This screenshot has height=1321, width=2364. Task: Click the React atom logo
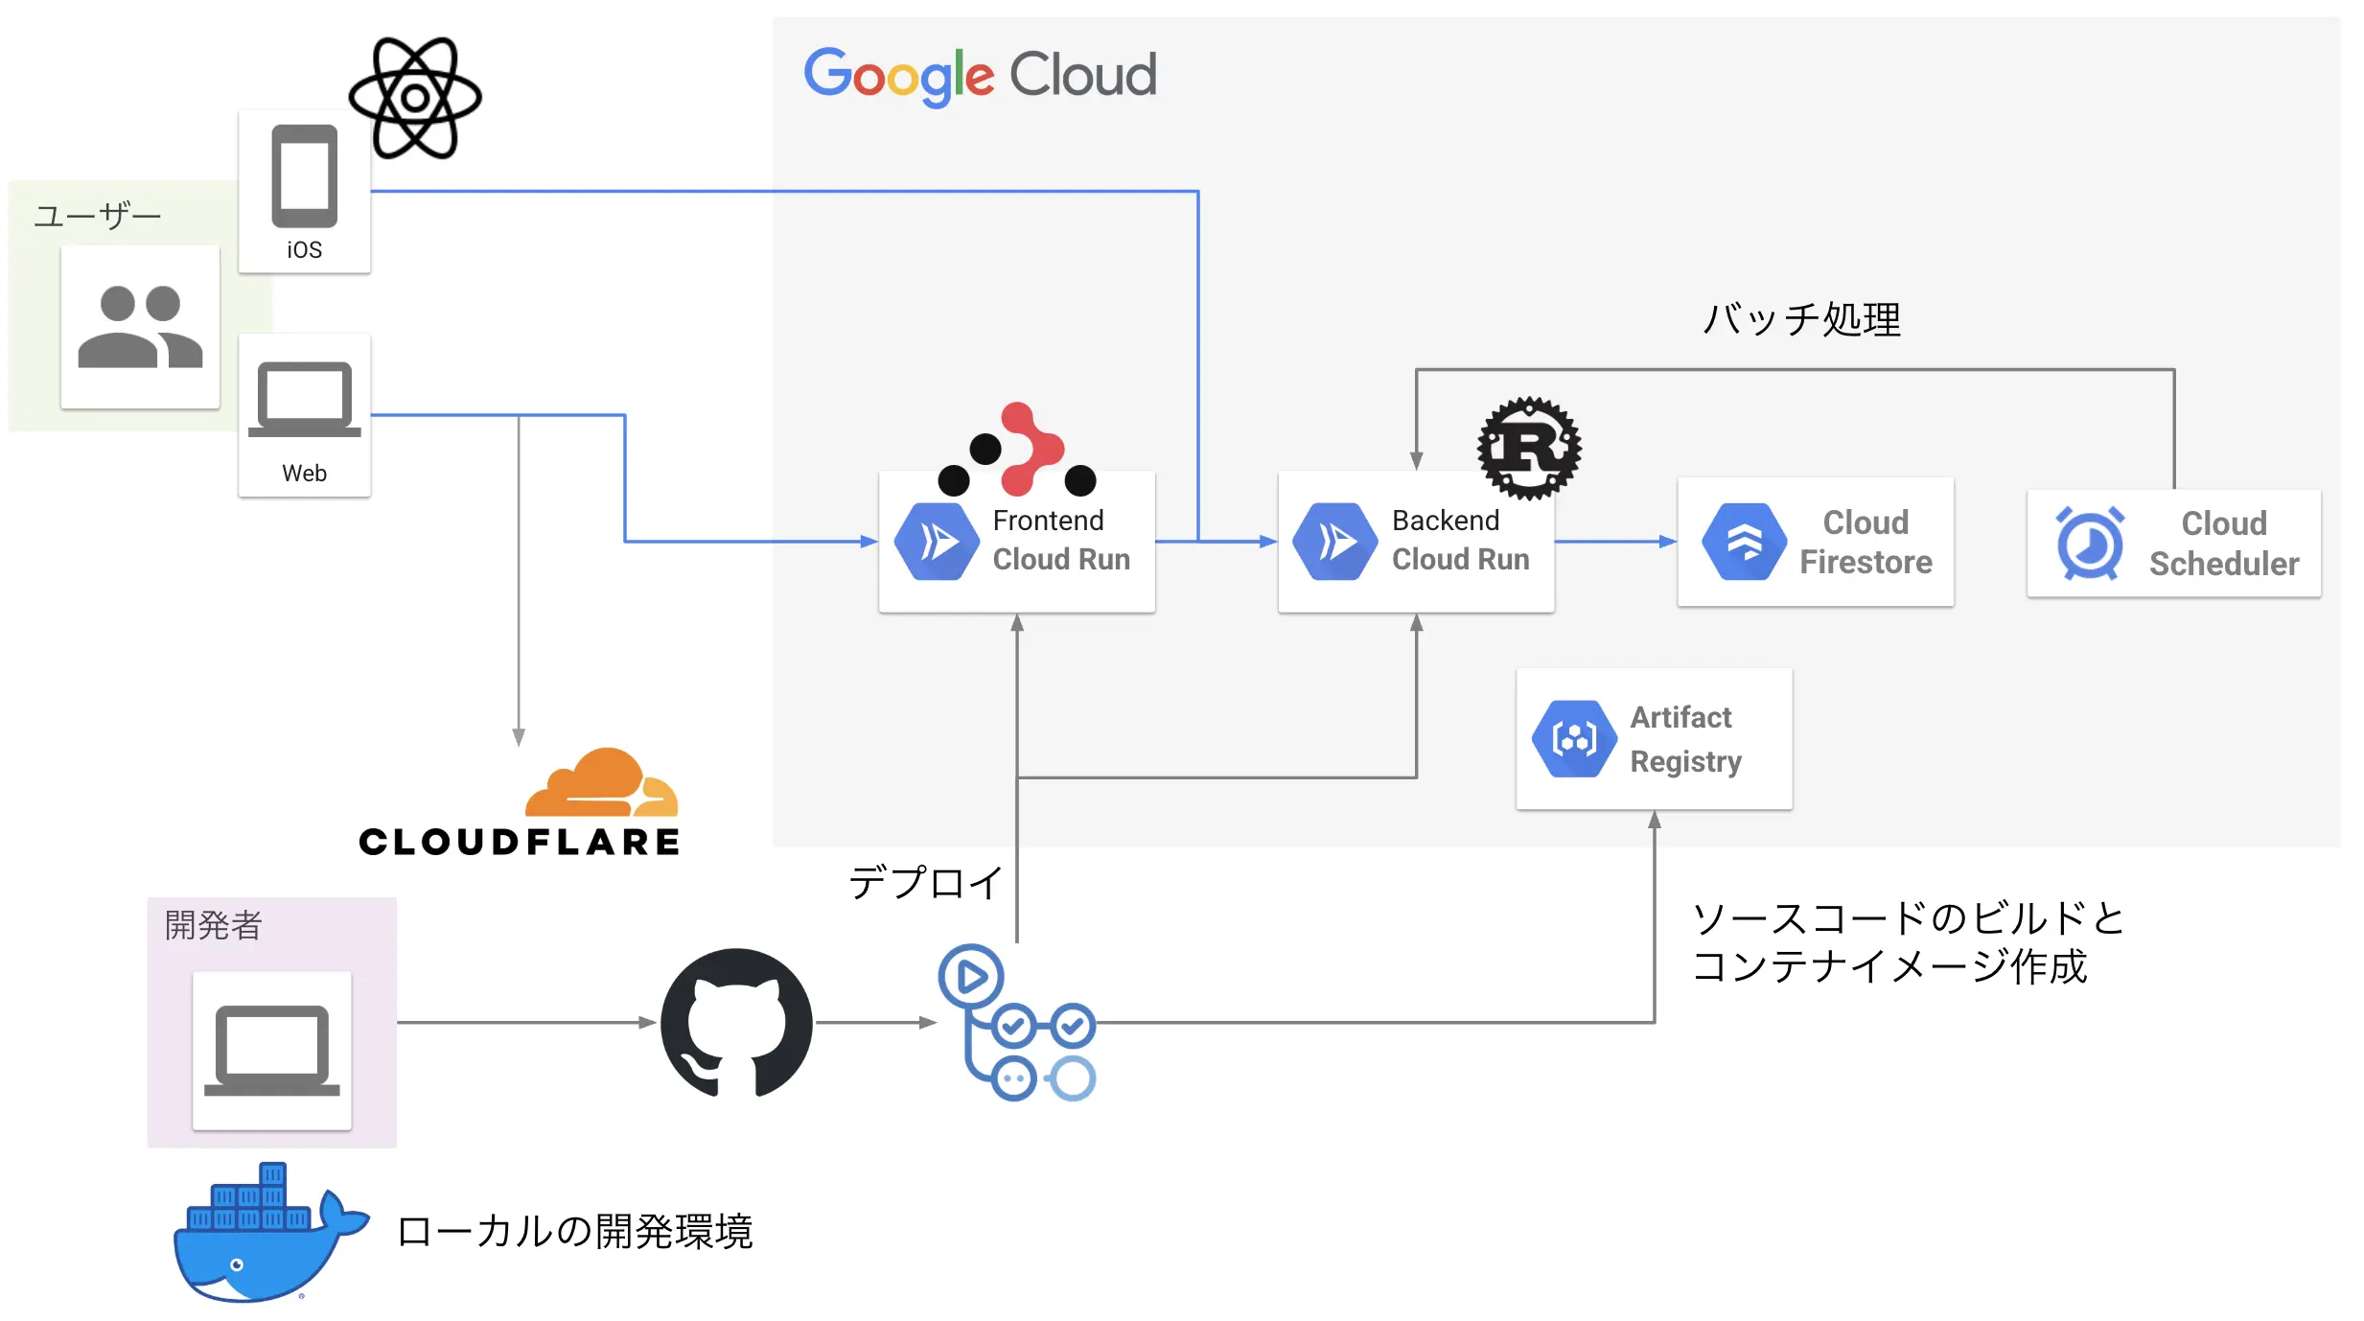414,98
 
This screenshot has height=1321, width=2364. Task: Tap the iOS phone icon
304,176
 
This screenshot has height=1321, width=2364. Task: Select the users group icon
140,326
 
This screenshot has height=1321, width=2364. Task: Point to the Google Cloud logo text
980,75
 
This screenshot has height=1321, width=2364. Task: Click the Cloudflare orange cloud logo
602,784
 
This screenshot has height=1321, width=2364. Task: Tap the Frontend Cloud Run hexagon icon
936,542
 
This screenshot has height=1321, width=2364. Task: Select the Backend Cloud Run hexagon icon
1334,542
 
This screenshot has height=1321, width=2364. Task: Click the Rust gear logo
1529,448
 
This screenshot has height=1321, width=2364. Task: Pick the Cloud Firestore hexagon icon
1744,542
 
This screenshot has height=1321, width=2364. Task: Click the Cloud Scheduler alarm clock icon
2089,544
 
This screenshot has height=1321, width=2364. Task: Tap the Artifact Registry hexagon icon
1573,738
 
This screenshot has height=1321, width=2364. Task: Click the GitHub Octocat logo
736,1023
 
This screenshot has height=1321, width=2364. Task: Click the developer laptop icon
271,1050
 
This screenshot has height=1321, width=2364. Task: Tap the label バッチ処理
1801,319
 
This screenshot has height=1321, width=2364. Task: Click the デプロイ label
925,882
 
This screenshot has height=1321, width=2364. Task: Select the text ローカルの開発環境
574,1232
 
